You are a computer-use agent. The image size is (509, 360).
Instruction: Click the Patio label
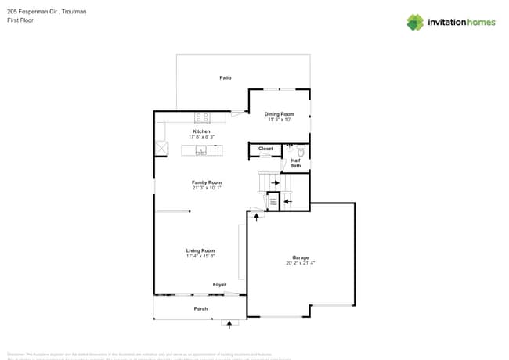pyautogui.click(x=225, y=77)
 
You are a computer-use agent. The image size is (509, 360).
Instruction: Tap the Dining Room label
pyautogui.click(x=279, y=114)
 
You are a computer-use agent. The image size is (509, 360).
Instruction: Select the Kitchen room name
pyautogui.click(x=201, y=131)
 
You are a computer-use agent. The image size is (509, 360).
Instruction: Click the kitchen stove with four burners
pyautogui.click(x=202, y=117)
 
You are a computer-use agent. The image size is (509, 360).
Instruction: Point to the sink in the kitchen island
pyautogui.click(x=200, y=151)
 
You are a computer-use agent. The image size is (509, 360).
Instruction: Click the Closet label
pyautogui.click(x=265, y=149)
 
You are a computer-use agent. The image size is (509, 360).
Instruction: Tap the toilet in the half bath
pyautogui.click(x=299, y=151)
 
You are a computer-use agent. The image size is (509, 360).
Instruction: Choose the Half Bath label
pyautogui.click(x=295, y=163)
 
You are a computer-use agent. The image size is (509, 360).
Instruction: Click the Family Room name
pyautogui.click(x=207, y=182)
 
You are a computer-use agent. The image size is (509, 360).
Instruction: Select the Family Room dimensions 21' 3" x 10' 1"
pyautogui.click(x=207, y=188)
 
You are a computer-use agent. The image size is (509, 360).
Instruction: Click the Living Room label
pyautogui.click(x=200, y=250)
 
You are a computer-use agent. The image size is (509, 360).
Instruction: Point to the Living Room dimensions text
pyautogui.click(x=200, y=256)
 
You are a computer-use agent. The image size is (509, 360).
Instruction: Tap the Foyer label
pyautogui.click(x=219, y=285)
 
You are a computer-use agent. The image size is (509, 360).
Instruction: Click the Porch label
pyautogui.click(x=200, y=309)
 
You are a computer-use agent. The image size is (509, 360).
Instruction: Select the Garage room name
pyautogui.click(x=301, y=257)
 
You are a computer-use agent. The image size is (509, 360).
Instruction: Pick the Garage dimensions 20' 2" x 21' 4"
pyautogui.click(x=301, y=263)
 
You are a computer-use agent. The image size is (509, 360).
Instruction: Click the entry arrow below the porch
pyautogui.click(x=229, y=322)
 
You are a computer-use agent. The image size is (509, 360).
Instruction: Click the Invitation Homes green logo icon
pyautogui.click(x=415, y=22)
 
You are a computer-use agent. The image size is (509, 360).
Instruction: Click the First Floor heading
pyautogui.click(x=20, y=20)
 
